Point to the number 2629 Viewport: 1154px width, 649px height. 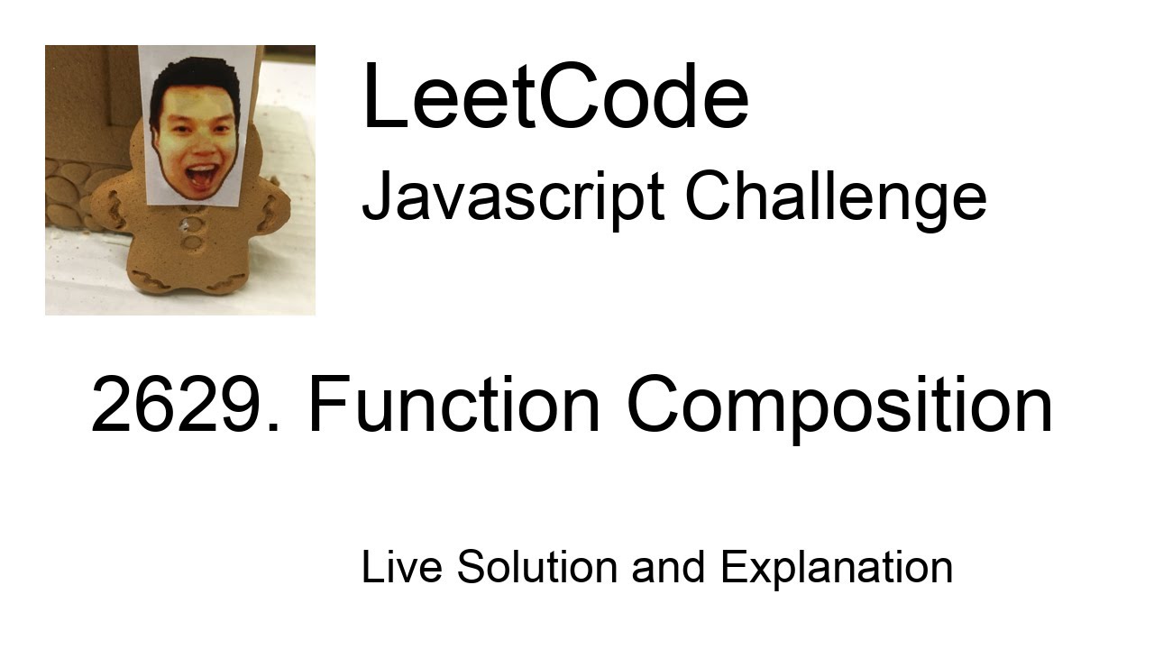pos(185,406)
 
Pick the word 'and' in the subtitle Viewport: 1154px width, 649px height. pos(667,567)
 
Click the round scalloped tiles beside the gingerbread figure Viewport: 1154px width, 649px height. pos(69,194)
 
